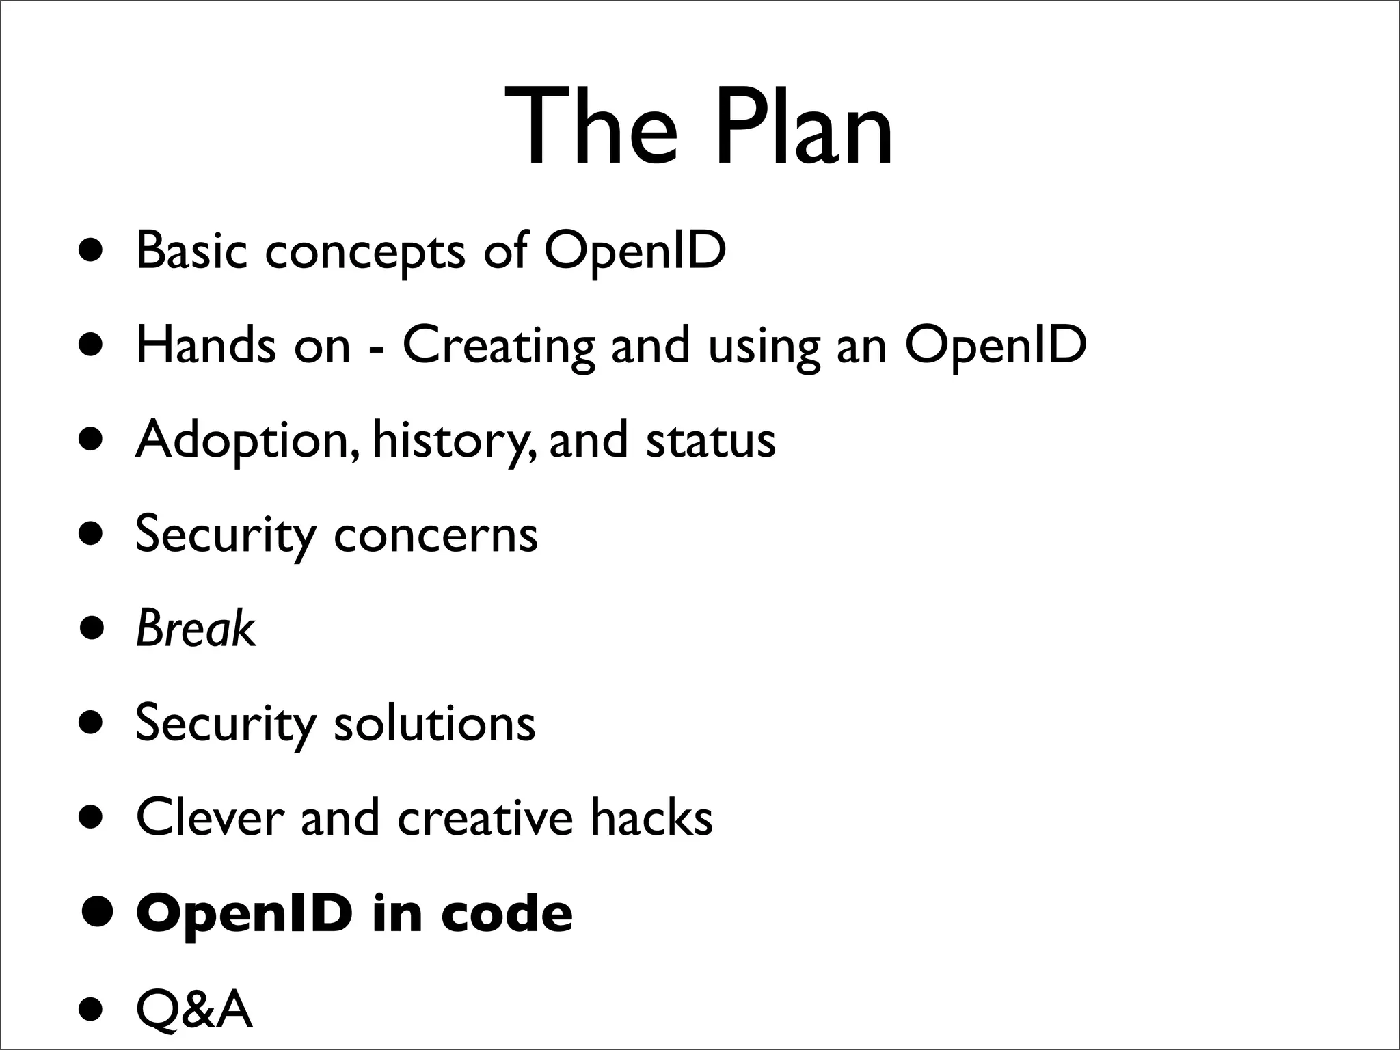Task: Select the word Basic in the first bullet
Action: [191, 250]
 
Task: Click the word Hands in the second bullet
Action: [205, 345]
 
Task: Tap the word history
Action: [450, 441]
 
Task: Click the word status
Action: [711, 440]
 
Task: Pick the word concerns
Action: [435, 535]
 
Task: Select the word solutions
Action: [434, 723]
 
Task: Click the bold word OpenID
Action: [245, 914]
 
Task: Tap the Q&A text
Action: [194, 1009]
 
